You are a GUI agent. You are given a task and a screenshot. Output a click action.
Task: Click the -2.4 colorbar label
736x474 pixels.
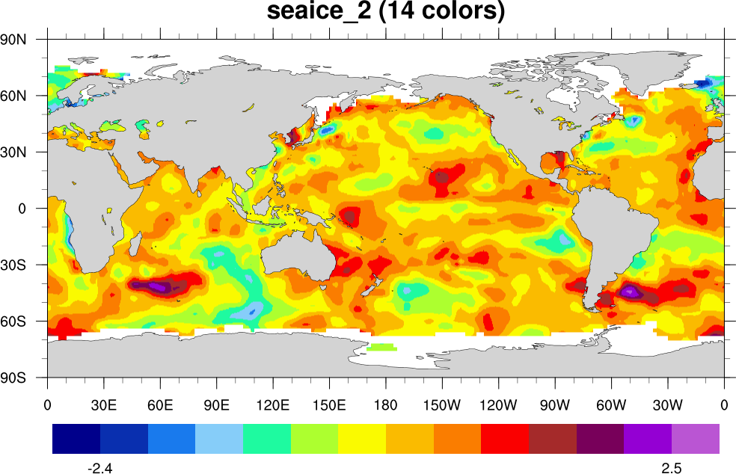coord(100,468)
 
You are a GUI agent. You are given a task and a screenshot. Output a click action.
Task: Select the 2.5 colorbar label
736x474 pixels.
coord(671,468)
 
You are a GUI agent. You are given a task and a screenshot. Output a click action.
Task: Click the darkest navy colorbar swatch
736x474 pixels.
coord(76,439)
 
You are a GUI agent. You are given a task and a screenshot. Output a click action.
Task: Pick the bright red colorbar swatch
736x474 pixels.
coord(505,439)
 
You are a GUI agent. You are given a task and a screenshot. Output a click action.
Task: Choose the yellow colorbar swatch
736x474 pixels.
coord(362,439)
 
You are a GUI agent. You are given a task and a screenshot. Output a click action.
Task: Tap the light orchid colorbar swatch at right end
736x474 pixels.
coord(696,439)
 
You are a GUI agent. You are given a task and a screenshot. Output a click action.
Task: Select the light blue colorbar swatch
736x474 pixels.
coord(219,439)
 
